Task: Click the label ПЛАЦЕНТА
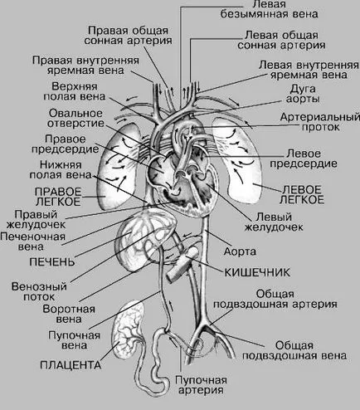[71, 365]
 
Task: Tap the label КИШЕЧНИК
[257, 272]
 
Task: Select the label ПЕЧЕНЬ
[52, 261]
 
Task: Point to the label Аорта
[240, 251]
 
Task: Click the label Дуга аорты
[303, 94]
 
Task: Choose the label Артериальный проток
[320, 122]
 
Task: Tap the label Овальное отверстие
[75, 118]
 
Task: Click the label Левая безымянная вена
[269, 9]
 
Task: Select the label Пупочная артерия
[201, 385]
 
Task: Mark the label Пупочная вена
[74, 340]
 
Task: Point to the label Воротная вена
[69, 314]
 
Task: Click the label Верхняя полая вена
[75, 91]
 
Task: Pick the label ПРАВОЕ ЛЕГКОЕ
[58, 197]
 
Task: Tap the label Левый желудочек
[274, 222]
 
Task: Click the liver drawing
[145, 239]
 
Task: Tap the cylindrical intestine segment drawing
[182, 264]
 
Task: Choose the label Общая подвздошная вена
[294, 350]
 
